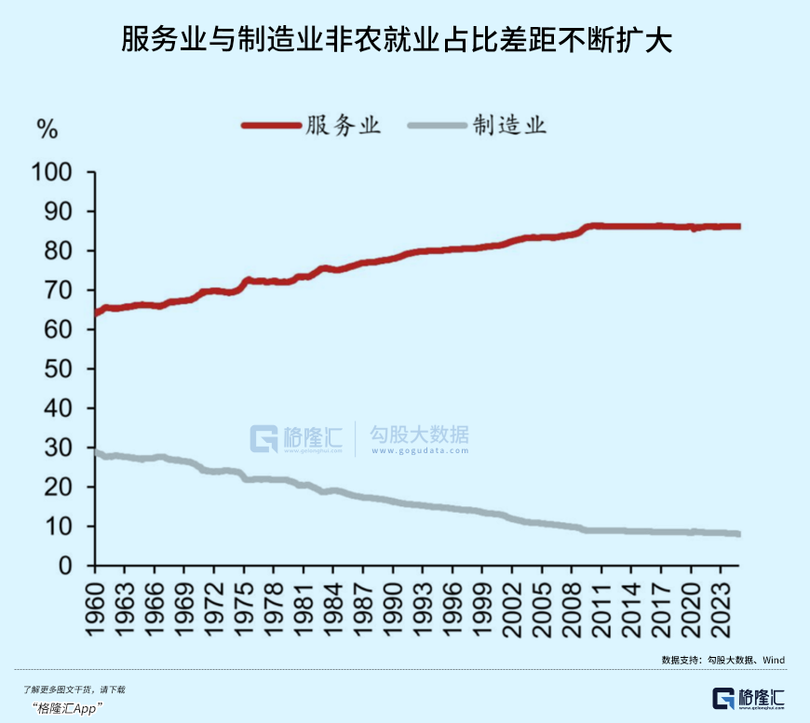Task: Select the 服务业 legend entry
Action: pyautogui.click(x=313, y=125)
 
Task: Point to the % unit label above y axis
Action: pyautogui.click(x=47, y=130)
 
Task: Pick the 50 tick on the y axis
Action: pyautogui.click(x=60, y=369)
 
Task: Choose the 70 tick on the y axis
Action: pyautogui.click(x=60, y=290)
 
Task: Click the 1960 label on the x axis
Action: pyautogui.click(x=94, y=602)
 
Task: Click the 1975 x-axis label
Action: pyautogui.click(x=246, y=602)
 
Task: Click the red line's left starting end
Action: pyautogui.click(x=96, y=313)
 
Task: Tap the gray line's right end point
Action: pyautogui.click(x=737, y=534)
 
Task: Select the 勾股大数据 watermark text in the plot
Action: pyautogui.click(x=418, y=436)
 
